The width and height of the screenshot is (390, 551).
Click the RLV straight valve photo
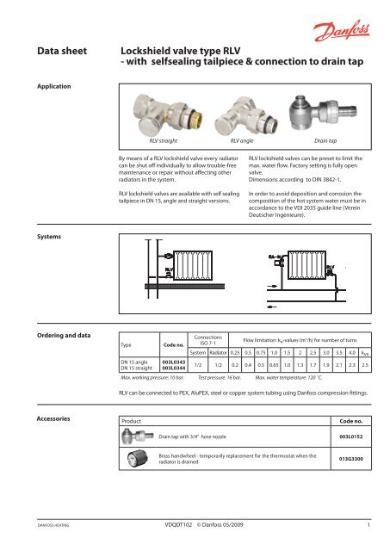point(159,111)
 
